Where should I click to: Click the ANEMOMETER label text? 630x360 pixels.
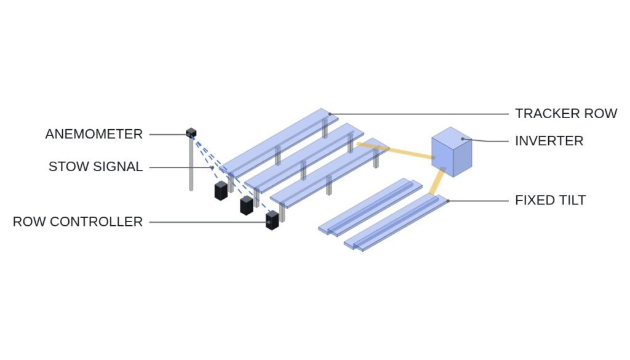94,134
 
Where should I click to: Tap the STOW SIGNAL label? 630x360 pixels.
95,167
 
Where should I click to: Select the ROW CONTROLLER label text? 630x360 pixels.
78,222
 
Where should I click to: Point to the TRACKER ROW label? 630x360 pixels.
566,114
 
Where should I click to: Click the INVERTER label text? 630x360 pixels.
549,141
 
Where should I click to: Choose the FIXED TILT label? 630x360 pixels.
551,200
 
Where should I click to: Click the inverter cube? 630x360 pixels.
452,152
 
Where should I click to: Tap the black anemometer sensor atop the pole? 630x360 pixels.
191,132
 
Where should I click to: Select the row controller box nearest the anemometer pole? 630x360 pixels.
221,191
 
